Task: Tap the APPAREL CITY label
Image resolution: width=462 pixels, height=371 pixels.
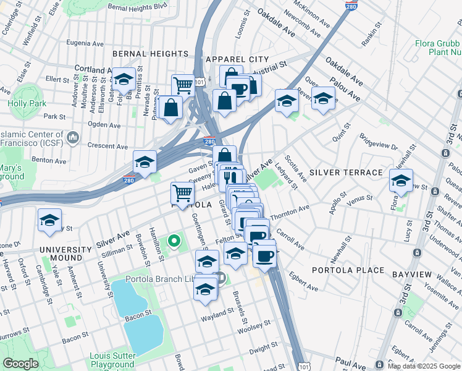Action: point(238,59)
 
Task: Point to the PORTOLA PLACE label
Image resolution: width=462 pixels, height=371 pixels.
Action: point(348,271)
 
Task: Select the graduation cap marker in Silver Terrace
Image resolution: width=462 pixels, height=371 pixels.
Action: point(401,181)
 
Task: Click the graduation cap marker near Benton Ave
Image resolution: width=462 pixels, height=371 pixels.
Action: point(145,162)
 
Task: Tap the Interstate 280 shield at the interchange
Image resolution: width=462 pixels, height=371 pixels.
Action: point(209,142)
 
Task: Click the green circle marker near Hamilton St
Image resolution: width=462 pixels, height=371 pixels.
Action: point(174,241)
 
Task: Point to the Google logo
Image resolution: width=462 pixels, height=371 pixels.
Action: point(20,364)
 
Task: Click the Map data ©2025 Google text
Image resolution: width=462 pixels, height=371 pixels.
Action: point(424,366)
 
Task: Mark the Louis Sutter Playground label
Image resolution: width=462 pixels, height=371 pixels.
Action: point(112,360)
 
